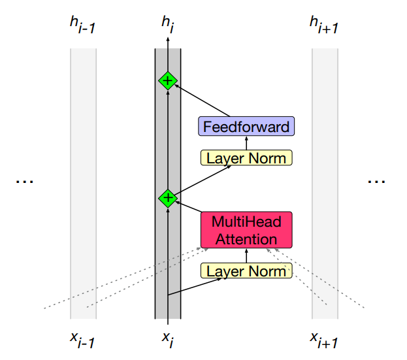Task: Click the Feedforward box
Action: coord(246,127)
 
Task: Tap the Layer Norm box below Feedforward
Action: coord(246,157)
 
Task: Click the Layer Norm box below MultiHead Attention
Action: coord(246,270)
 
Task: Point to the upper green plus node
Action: coord(168,81)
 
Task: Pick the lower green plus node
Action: coord(168,197)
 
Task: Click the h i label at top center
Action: coord(168,25)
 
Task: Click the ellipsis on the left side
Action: coord(24,181)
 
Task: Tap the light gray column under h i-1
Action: coord(83,183)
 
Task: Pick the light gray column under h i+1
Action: coord(325,183)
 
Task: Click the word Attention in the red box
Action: coord(246,239)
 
